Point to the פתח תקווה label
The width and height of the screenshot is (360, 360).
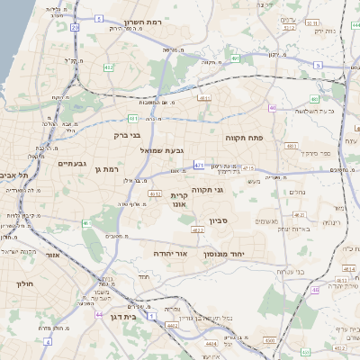[243, 138]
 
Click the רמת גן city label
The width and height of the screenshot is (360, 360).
[106, 168]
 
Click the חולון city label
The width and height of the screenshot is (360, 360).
[24, 283]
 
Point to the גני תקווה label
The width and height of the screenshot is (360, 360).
[207, 190]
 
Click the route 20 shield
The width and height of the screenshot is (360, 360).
[76, 28]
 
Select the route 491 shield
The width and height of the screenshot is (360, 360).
[235, 58]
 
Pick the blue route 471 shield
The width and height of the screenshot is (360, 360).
[199, 164]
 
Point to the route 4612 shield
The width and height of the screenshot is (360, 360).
[155, 193]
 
